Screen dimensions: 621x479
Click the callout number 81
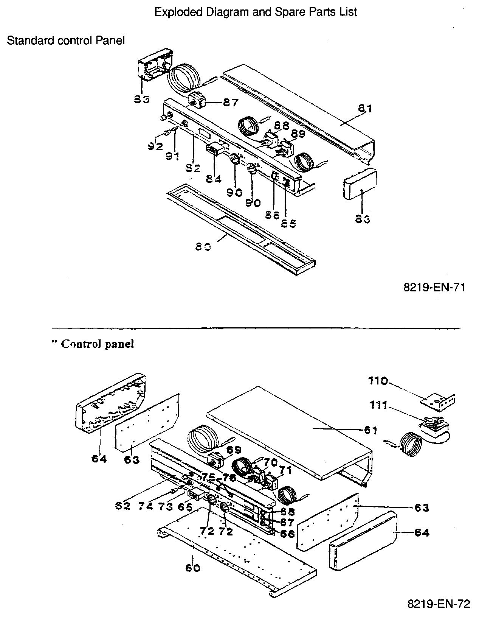point(365,109)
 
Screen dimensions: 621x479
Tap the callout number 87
point(230,102)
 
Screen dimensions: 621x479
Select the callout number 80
point(203,247)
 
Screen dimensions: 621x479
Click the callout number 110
point(378,381)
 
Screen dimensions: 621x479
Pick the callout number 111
point(378,406)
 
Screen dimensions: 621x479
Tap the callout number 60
point(193,568)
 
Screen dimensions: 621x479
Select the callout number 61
point(370,430)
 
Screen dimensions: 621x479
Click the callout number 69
point(234,449)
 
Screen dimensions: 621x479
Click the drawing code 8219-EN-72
point(438,603)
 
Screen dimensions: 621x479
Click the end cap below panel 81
point(360,184)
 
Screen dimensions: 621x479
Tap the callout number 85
point(288,223)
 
